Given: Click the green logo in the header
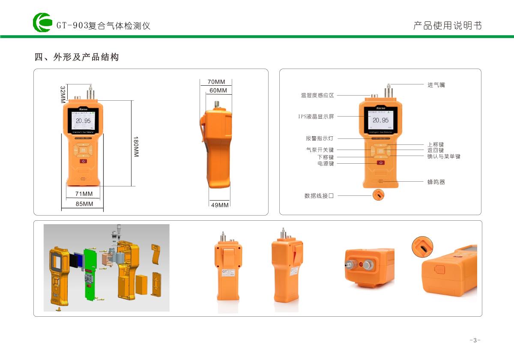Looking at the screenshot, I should pos(42,22).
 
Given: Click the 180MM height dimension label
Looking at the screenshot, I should pos(136,147).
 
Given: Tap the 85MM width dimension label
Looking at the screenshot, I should pos(84,204).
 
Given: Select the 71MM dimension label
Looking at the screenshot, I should pos(84,194).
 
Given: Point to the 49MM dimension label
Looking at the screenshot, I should pos(220,205).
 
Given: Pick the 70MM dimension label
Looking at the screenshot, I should pos(216,82).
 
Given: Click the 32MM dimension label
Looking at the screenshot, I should pos(63,94).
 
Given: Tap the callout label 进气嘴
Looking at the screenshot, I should pos(436,85).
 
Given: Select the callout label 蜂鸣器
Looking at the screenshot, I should pos(436,182).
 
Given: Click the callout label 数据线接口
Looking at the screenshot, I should pos(319,196).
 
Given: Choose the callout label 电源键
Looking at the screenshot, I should pos(326,164).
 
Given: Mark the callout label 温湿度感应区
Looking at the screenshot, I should pos(317,96).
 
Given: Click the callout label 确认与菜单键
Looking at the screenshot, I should pos(444,156).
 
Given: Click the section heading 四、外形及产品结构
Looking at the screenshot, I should pos(76,57).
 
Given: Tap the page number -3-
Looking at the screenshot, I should pos(475,340).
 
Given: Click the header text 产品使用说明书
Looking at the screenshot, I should pos(447,26).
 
